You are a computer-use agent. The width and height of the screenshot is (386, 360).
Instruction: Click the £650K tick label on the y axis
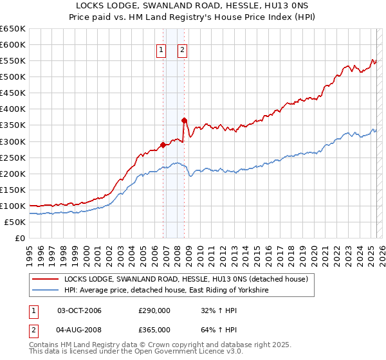(x=12, y=29)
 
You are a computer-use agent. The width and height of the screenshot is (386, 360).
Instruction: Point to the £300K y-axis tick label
(x=12, y=141)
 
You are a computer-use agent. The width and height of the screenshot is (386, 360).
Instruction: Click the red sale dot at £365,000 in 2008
(x=184, y=120)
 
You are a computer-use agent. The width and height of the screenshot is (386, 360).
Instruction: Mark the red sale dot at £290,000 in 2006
(x=163, y=144)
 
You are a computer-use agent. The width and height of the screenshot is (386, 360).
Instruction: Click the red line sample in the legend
(x=45, y=280)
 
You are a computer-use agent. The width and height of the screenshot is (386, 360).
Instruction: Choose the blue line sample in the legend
(x=45, y=291)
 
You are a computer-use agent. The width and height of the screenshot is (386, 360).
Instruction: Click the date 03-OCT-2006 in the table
(x=80, y=311)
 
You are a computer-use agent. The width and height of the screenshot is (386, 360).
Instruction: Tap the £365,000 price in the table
(x=154, y=330)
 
